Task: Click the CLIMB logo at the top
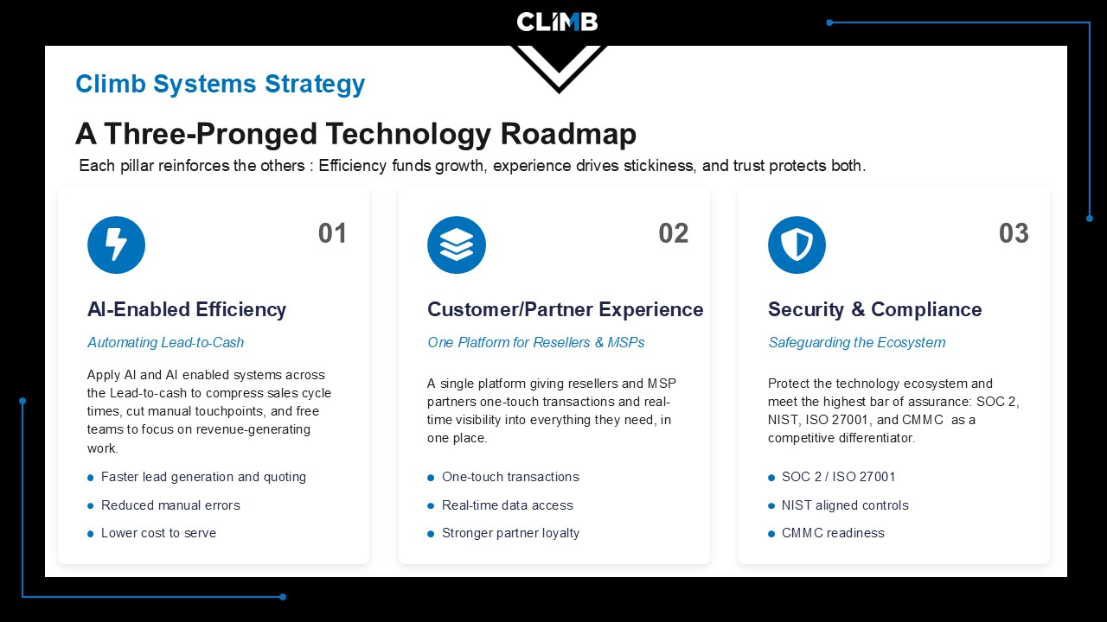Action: [x=557, y=22]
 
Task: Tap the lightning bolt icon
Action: [x=116, y=244]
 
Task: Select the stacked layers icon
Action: [x=457, y=244]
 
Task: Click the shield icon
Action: [x=797, y=244]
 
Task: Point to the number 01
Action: [x=332, y=233]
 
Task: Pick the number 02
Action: [x=673, y=233]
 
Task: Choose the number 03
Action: [x=1014, y=233]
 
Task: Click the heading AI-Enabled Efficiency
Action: [x=187, y=309]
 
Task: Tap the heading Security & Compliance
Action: [x=874, y=309]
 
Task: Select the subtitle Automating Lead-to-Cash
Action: [x=165, y=343]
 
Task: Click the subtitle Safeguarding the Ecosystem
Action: [x=856, y=343]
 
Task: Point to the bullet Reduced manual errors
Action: [x=170, y=505]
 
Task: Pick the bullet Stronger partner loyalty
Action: [x=510, y=533]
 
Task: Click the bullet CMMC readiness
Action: [x=833, y=533]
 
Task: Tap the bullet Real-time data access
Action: [x=508, y=505]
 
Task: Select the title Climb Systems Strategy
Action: [x=221, y=84]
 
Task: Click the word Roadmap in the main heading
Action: [x=568, y=134]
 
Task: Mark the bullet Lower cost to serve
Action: [x=158, y=533]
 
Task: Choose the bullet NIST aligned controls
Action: [x=845, y=505]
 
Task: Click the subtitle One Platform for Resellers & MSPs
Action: [x=535, y=343]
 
